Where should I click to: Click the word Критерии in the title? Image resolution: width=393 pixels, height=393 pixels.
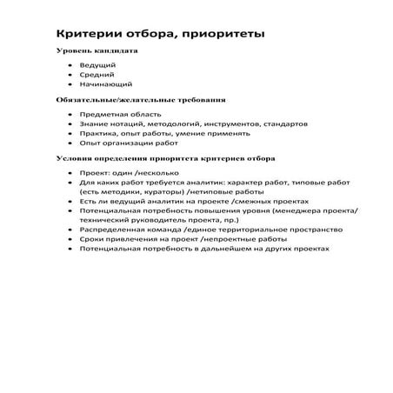[x=85, y=33]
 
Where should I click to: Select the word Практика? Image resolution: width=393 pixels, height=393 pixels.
[x=98, y=134]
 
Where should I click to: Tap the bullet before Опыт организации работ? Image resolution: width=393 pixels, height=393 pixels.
[x=69, y=144]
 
